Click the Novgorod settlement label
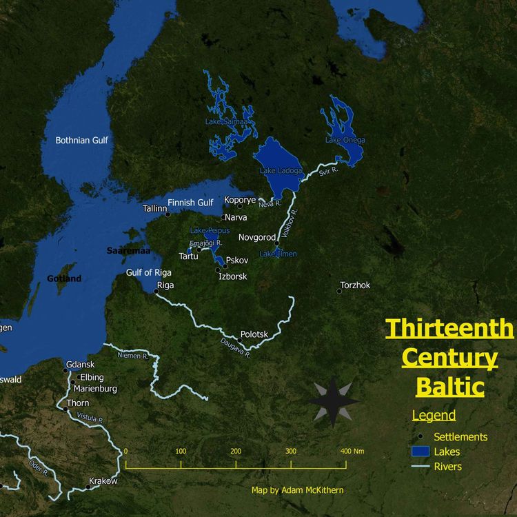[x=257, y=237]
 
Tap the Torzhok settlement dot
[x=339, y=291]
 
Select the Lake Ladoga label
[x=281, y=170]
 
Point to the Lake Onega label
[x=345, y=140]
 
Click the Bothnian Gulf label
[x=81, y=141]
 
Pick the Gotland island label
[x=63, y=278]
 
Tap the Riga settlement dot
[x=156, y=292]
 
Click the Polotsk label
[x=254, y=334]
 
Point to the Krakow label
[x=103, y=480]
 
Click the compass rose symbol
[x=333, y=401]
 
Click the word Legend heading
[x=434, y=416]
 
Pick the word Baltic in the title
[x=449, y=387]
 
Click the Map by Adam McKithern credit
[x=297, y=490]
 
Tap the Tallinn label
[x=155, y=207]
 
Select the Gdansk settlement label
[x=79, y=365]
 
